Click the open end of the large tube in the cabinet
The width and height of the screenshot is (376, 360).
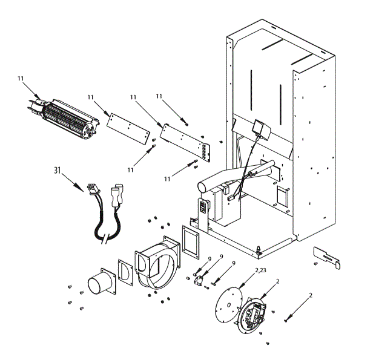(x=203, y=181)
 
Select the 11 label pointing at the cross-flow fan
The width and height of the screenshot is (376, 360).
(x=21, y=79)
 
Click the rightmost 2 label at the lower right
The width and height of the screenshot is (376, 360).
(x=311, y=295)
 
